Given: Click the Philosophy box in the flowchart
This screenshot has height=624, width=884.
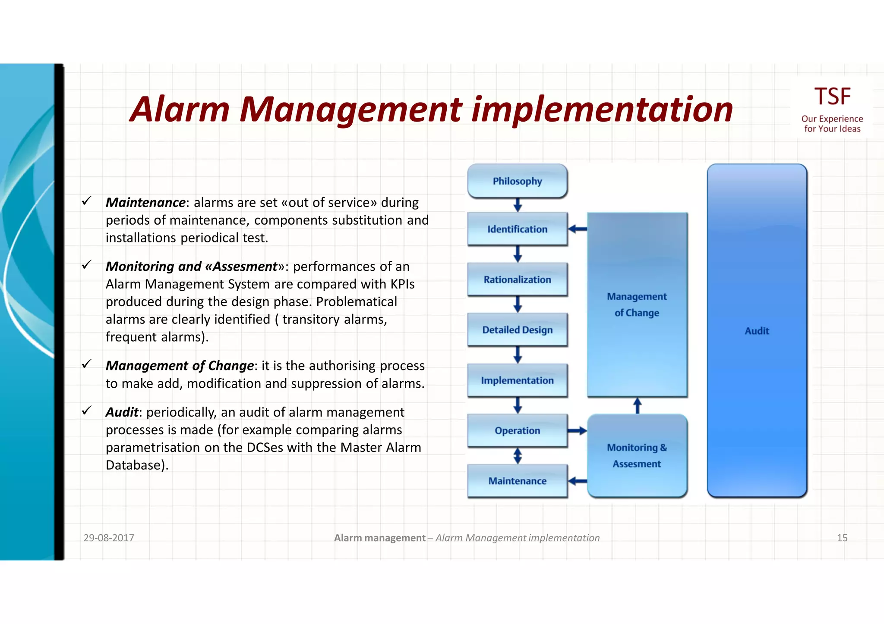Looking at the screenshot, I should tap(517, 181).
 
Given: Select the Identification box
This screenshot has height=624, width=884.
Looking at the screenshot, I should tap(517, 229).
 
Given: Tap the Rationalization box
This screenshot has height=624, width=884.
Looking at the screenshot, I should tap(517, 279).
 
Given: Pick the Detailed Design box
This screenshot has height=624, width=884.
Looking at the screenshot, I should tap(517, 330).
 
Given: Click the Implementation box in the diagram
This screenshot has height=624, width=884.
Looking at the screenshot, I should tap(517, 380).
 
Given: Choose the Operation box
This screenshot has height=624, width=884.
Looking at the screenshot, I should tap(517, 430).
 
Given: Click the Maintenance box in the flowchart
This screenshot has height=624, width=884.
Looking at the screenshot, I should tap(517, 481).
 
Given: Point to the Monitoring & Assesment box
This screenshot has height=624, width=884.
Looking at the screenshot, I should tap(637, 455).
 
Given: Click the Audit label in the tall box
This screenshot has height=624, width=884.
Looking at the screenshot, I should tap(757, 331).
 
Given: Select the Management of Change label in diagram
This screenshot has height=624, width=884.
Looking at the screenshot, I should tap(637, 304).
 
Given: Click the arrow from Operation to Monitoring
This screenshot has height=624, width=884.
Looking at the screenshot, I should tap(577, 430).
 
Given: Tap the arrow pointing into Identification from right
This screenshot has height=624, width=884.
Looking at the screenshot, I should tap(577, 229).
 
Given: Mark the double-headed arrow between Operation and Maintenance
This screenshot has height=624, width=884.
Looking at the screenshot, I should tap(518, 456).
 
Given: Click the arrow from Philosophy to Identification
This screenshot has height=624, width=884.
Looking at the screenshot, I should tap(518, 205).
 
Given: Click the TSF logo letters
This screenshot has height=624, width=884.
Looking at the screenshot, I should tap(832, 97).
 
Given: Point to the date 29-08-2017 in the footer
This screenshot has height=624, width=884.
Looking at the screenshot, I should tap(109, 538).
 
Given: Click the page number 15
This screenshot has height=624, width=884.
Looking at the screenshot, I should tap(842, 538).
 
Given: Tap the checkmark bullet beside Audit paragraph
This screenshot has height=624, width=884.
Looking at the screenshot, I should tap(87, 411).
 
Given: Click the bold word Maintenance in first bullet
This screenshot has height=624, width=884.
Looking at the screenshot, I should tap(145, 203).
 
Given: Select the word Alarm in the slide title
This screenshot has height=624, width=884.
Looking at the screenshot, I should tap(180, 109).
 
